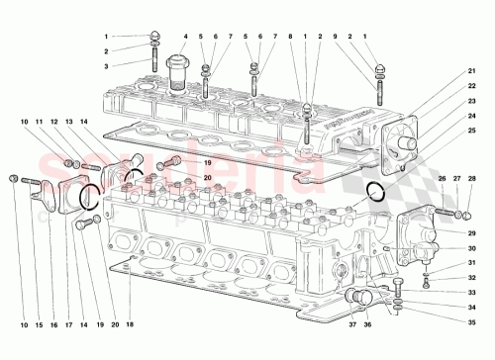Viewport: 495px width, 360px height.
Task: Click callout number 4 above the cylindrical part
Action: [184, 38]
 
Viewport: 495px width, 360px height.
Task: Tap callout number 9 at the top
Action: [337, 38]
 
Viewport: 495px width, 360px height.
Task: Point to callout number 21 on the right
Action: [472, 71]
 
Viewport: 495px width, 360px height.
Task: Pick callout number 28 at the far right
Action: [472, 179]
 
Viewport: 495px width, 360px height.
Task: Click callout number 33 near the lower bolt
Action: [472, 293]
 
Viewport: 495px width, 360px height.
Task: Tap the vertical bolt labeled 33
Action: [396, 290]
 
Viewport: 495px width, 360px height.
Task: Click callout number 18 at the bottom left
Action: [130, 323]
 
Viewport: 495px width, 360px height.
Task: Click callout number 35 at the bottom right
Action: [472, 322]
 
